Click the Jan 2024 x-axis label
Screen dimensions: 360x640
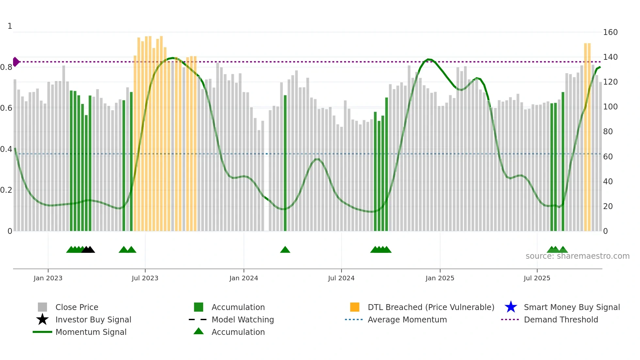click(244, 278)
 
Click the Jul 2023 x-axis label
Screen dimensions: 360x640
click(145, 278)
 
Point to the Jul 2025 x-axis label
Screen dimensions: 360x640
click(537, 278)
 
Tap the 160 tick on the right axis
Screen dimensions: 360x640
click(610, 32)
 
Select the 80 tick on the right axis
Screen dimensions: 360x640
click(608, 132)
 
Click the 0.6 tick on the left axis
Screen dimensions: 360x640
click(6, 108)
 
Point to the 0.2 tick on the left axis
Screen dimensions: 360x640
click(6, 190)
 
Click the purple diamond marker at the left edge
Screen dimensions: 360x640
click(16, 62)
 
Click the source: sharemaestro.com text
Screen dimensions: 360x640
click(577, 256)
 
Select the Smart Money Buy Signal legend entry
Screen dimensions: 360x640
click(571, 307)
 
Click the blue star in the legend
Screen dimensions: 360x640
click(511, 307)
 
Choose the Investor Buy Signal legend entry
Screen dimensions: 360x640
click(93, 320)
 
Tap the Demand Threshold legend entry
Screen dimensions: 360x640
click(561, 320)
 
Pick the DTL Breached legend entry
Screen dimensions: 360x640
click(431, 307)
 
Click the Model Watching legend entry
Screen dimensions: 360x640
click(242, 320)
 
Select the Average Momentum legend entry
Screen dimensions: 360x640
click(407, 320)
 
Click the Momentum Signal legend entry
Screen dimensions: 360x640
click(91, 332)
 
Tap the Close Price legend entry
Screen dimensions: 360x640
click(77, 307)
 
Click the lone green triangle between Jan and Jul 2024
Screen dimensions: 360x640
click(285, 250)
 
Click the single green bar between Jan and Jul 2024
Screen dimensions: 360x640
click(285, 163)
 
